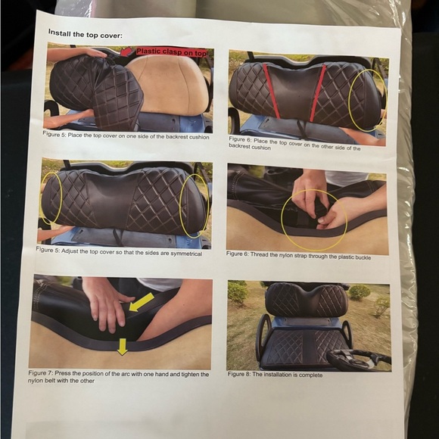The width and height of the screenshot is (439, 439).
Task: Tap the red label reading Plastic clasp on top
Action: [x=171, y=52]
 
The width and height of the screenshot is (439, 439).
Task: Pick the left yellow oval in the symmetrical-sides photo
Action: [x=51, y=198]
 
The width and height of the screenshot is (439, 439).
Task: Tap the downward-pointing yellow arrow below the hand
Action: [x=122, y=347]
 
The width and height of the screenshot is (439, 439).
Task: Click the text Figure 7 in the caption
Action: [x=42, y=373]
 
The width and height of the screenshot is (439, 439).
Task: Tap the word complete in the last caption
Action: [x=309, y=375]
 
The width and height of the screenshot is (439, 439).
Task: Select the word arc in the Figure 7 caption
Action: [x=126, y=374]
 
